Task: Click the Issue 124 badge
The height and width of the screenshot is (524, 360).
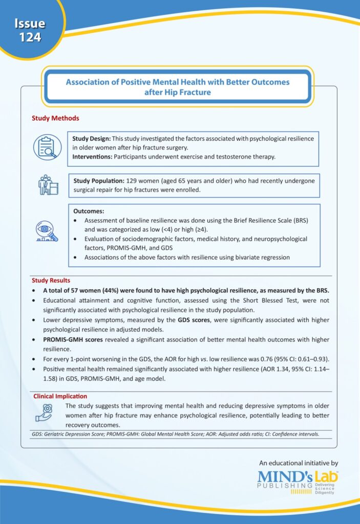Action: pyautogui.click(x=30, y=30)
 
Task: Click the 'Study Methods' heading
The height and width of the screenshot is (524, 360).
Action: pyautogui.click(x=55, y=118)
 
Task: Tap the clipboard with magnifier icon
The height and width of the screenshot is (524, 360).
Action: pyautogui.click(x=47, y=147)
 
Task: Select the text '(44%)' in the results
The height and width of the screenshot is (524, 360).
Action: pyautogui.click(x=106, y=290)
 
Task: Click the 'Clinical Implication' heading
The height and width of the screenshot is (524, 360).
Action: pyautogui.click(x=60, y=396)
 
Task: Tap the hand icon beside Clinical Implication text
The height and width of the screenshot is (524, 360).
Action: pyautogui.click(x=45, y=412)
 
